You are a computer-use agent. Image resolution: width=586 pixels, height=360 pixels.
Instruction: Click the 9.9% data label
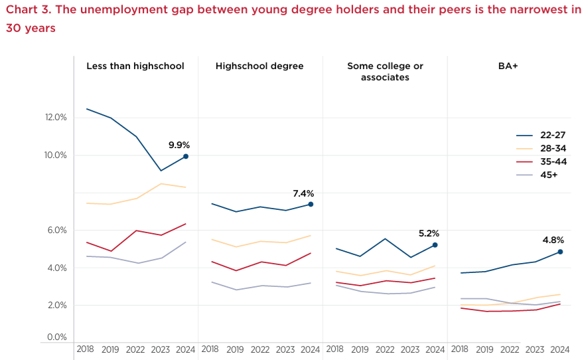[179, 145]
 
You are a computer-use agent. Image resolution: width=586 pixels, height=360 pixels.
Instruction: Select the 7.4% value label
[303, 193]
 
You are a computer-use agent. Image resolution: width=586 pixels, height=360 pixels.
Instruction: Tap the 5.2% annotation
[429, 233]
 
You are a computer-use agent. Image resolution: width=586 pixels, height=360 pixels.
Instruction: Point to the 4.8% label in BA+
[553, 240]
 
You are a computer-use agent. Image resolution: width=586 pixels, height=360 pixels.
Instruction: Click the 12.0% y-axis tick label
[56, 118]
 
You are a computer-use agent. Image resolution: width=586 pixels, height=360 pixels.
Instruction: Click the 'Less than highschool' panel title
[135, 66]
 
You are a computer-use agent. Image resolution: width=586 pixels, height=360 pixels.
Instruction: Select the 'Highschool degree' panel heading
[259, 66]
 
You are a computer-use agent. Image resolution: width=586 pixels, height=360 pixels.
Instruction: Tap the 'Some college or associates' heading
[385, 72]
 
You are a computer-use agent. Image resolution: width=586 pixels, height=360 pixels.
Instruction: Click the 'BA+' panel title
[508, 66]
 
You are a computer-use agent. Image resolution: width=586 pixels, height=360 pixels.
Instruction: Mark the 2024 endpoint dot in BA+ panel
[560, 252]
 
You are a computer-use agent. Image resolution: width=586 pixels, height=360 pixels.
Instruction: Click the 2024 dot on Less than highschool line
[186, 156]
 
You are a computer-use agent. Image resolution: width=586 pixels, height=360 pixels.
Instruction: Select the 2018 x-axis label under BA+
[459, 349]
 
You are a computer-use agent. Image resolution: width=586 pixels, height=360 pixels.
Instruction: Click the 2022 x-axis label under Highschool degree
[260, 349]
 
